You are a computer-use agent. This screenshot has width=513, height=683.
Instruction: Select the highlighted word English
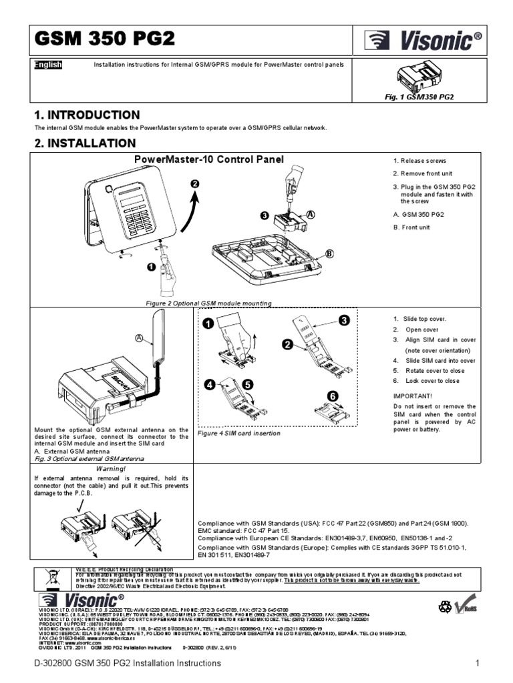(47, 65)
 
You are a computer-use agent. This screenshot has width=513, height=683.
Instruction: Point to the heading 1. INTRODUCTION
(87, 115)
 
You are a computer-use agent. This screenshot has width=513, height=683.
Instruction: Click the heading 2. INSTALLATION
(85, 143)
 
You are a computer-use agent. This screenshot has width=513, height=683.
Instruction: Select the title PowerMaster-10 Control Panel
(209, 159)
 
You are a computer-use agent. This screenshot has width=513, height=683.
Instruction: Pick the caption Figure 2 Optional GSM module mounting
(209, 303)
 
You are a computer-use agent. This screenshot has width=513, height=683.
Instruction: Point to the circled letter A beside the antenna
(139, 338)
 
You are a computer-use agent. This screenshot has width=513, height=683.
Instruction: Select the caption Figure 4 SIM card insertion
(239, 434)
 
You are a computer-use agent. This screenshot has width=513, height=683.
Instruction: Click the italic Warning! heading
(111, 469)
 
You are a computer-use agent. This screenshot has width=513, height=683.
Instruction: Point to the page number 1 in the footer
(478, 664)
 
